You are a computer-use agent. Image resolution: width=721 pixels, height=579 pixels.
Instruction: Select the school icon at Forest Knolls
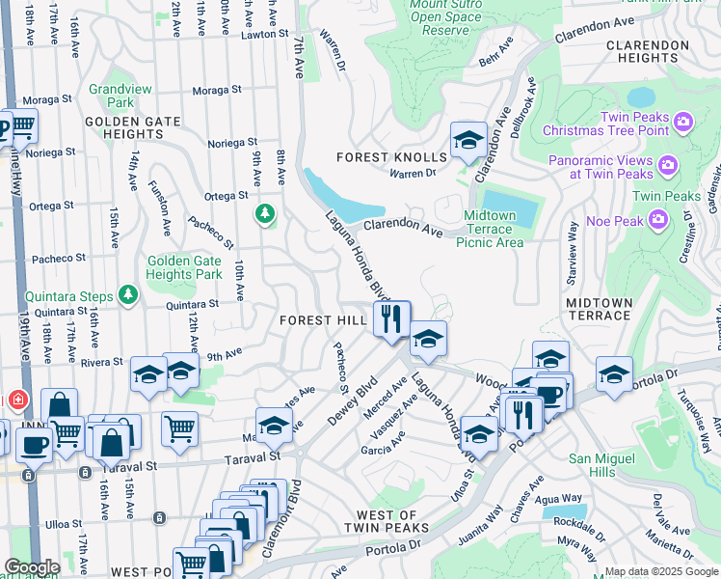[x=468, y=140]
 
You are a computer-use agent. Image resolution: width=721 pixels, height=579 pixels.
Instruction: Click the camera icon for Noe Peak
[x=658, y=220]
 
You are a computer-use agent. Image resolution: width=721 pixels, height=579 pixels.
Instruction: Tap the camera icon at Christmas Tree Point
[x=683, y=122]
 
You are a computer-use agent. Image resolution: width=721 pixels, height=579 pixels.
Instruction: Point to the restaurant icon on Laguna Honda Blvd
[x=391, y=318]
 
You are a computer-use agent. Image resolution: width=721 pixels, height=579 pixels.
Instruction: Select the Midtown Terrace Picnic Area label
[x=494, y=229]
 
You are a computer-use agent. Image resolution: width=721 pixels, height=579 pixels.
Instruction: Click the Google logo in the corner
[x=32, y=567]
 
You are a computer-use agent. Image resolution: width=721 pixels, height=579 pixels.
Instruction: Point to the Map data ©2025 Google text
[x=660, y=571]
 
